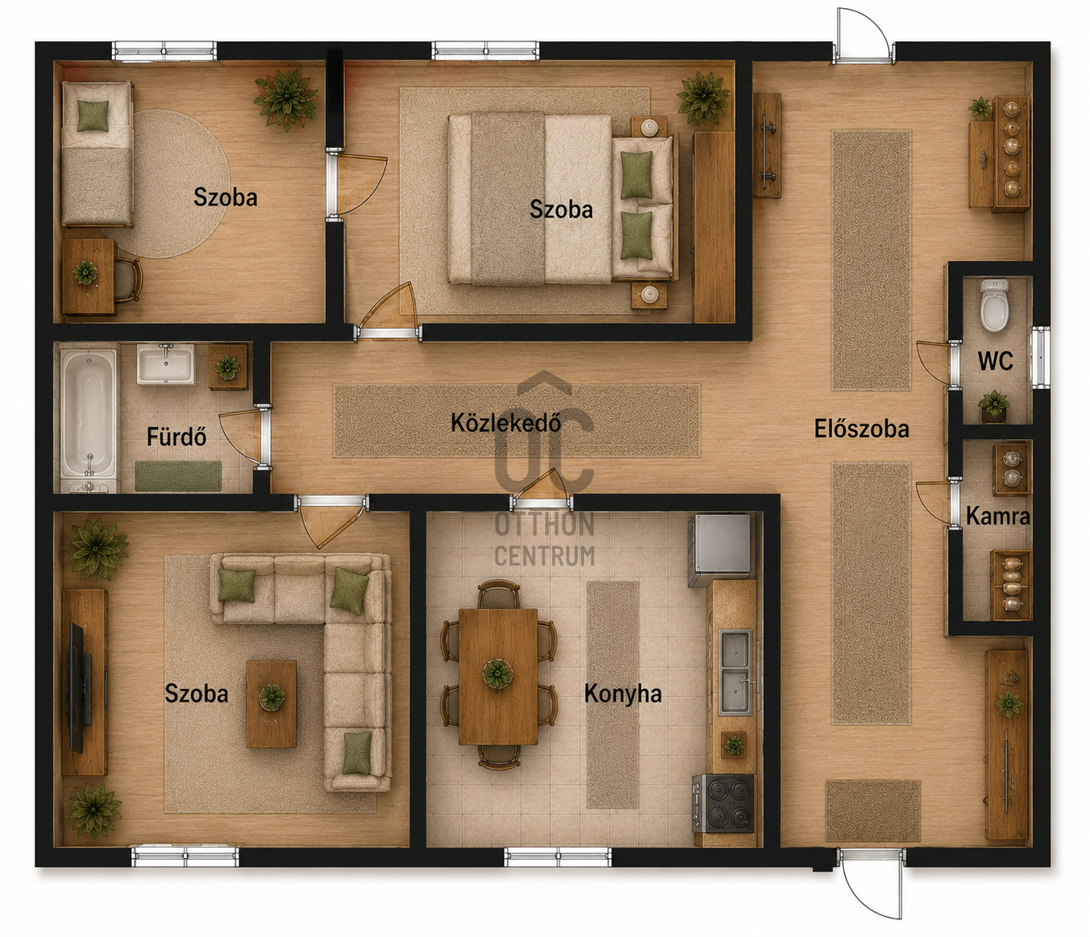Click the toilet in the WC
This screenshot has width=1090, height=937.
pos(993,305)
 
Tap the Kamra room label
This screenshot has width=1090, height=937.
pos(997,516)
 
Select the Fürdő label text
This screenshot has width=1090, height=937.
pos(176,437)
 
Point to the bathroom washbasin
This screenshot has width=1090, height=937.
pos(166,364)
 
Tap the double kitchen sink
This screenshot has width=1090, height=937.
pos(736,672)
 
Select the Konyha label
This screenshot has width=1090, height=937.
pos(623,694)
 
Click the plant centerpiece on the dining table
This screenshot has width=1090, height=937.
pos(497,674)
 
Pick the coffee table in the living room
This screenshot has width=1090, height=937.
pos(271,704)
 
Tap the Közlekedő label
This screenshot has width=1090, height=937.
pos(506,423)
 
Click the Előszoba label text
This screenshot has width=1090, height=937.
pos(862,429)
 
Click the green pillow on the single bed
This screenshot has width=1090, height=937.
pos(93,115)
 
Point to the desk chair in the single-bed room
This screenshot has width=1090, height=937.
pos(127,279)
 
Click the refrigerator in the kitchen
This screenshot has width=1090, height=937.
pos(719,550)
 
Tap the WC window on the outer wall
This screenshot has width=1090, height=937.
pos(1040,358)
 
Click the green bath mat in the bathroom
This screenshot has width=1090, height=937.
pos(178,476)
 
